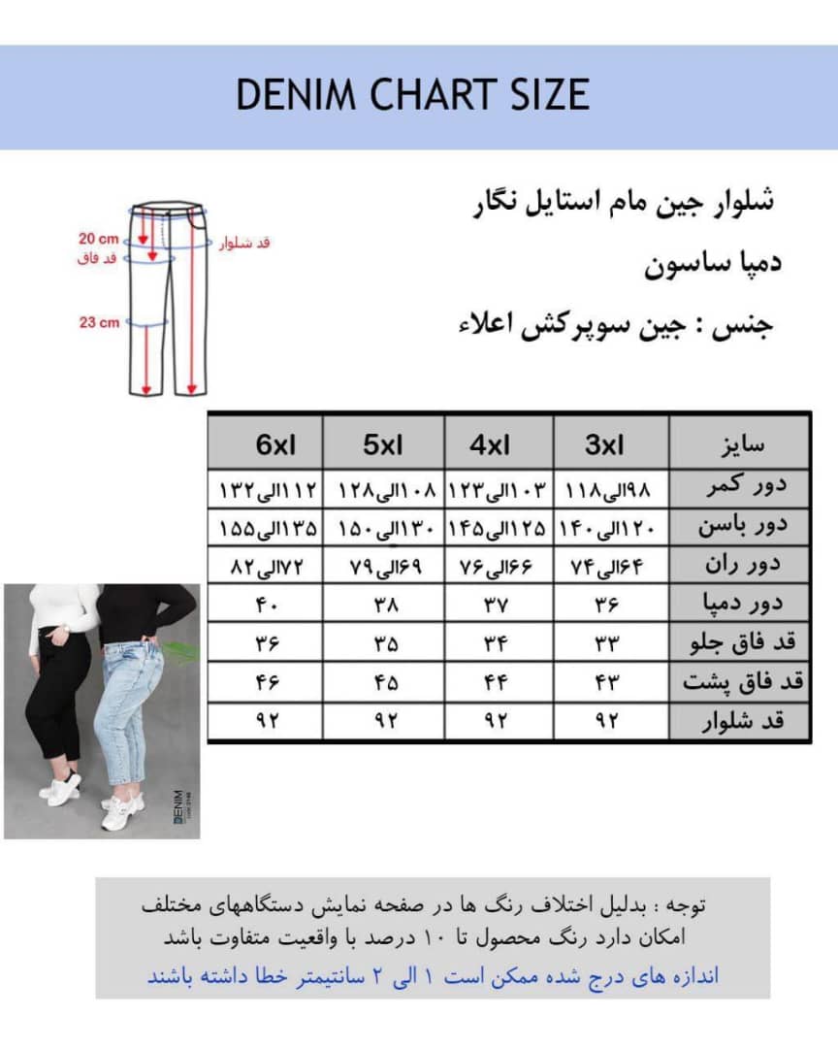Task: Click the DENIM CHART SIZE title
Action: [x=413, y=95]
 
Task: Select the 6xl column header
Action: [x=276, y=445]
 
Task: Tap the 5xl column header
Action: [x=383, y=445]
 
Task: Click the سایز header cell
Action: [x=739, y=445]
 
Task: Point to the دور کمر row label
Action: [x=739, y=488]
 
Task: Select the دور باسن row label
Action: [x=739, y=527]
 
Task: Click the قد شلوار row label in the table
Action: [x=739, y=722]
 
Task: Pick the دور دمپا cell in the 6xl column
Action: [x=267, y=605]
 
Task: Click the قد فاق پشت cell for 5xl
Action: [x=385, y=682]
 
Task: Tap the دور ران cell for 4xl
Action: [x=497, y=565]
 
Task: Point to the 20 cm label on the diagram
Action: [x=99, y=239]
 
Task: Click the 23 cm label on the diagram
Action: [x=99, y=322]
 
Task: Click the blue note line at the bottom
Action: [x=433, y=975]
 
